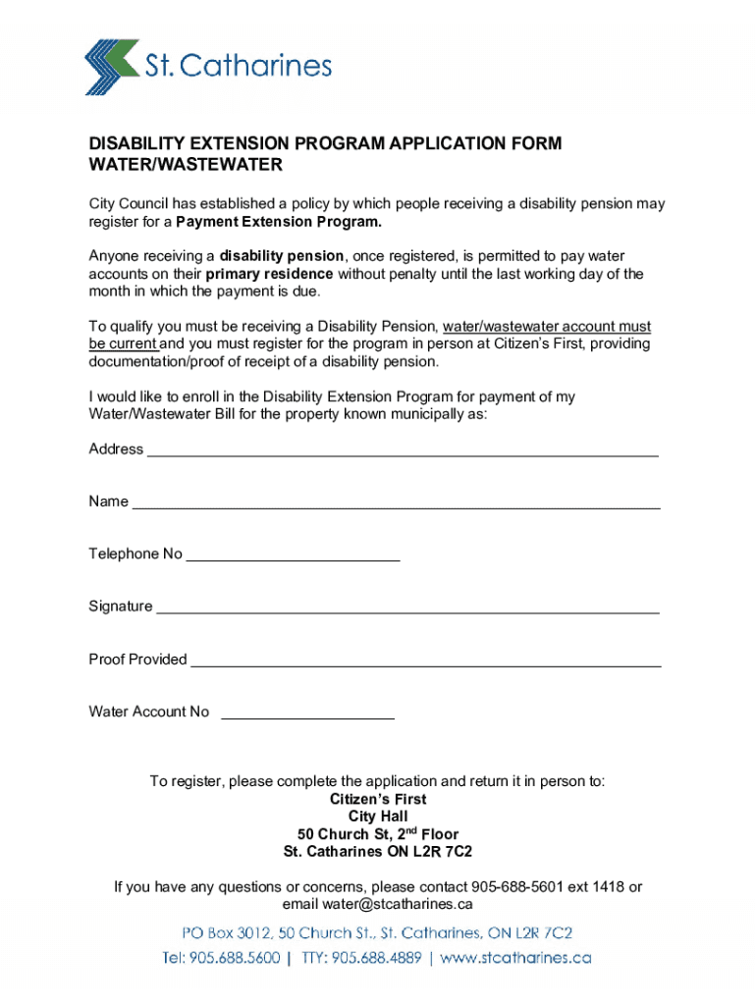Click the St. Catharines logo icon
click(112, 67)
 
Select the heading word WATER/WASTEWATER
click(186, 165)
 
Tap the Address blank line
click(403, 454)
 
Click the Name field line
click(396, 506)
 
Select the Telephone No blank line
click(293, 558)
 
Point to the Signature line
click(407, 610)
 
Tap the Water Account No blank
click(307, 716)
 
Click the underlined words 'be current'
click(123, 344)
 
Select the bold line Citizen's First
click(378, 800)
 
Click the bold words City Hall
click(378, 817)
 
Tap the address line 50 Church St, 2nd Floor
click(378, 834)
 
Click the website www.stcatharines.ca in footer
click(515, 957)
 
